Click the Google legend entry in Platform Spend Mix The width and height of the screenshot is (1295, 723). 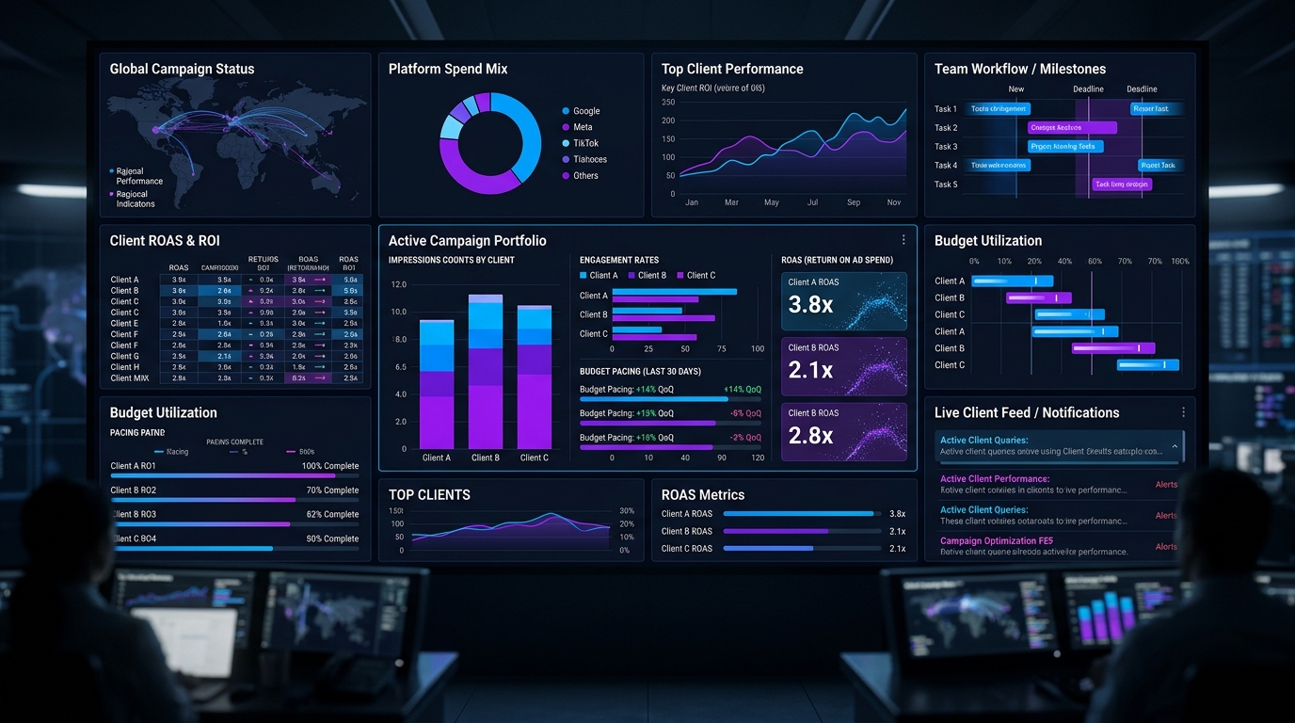pyautogui.click(x=585, y=111)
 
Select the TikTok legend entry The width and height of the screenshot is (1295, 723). pyautogui.click(x=585, y=143)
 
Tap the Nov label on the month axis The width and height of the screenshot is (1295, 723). pyautogui.click(x=893, y=202)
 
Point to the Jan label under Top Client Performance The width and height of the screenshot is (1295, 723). pyautogui.click(x=692, y=202)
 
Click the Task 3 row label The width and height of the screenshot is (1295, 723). pyautogui.click(x=945, y=147)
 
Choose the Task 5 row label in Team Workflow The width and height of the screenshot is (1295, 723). pyautogui.click(x=945, y=185)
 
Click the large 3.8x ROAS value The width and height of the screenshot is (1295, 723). pyautogui.click(x=810, y=304)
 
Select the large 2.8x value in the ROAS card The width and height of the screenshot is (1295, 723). pyautogui.click(x=810, y=435)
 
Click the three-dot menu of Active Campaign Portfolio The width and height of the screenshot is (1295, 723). pyautogui.click(x=903, y=240)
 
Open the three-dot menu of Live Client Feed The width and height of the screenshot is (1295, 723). pyautogui.click(x=1183, y=412)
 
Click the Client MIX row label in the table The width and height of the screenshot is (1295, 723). pyautogui.click(x=130, y=378)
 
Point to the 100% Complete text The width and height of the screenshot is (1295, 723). pyautogui.click(x=329, y=466)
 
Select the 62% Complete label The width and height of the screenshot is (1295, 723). pyautogui.click(x=332, y=515)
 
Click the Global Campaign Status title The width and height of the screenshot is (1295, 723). pyautogui.click(x=182, y=69)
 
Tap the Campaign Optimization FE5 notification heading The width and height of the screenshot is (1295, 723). pyautogui.click(x=996, y=541)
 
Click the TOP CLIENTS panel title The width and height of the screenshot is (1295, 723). pyautogui.click(x=429, y=495)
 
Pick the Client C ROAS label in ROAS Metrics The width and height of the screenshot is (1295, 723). pyautogui.click(x=686, y=548)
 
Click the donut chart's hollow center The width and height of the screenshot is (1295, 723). pyautogui.click(x=490, y=143)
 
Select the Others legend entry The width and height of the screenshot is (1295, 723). pyautogui.click(x=585, y=176)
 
